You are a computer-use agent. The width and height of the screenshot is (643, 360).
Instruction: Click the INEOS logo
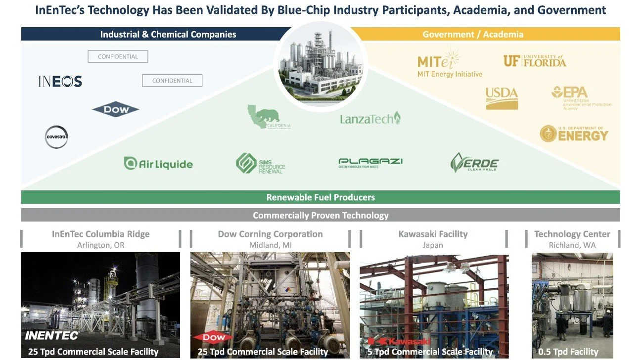tap(60, 82)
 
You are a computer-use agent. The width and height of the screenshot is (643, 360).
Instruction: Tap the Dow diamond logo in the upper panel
tap(116, 109)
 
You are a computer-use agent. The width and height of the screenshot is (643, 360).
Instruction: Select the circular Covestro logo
tap(56, 137)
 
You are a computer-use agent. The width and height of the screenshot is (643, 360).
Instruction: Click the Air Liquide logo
tap(158, 164)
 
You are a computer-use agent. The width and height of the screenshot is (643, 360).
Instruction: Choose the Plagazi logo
tap(370, 163)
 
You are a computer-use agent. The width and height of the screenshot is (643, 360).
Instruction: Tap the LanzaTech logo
tap(370, 119)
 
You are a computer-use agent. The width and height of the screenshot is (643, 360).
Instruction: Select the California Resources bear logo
tap(269, 117)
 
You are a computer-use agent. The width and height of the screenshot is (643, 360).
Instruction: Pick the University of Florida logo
tap(534, 61)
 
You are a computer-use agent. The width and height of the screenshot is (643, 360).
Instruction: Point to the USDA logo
tap(502, 98)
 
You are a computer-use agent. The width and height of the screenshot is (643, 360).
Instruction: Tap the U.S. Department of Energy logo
tap(574, 134)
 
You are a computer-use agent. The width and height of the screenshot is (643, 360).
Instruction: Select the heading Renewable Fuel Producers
tap(321, 197)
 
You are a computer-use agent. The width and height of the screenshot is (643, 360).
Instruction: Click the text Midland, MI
tap(270, 245)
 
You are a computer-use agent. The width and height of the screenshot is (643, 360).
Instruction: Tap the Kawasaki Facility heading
tap(433, 234)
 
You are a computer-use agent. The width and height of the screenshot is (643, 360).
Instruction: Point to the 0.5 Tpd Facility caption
tap(568, 352)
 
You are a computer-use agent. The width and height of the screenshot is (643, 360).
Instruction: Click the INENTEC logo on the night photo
tap(52, 336)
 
